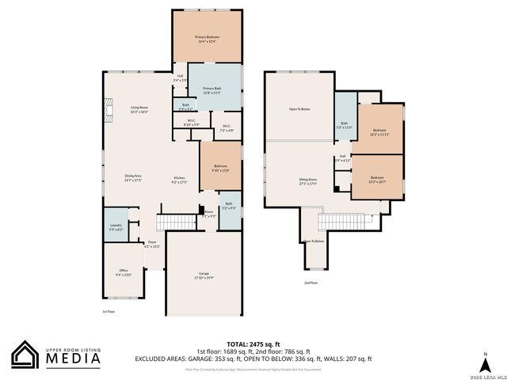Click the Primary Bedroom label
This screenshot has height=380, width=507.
coord(208,39)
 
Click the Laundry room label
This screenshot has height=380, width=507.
coord(116,227)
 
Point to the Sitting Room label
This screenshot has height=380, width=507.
coord(307,181)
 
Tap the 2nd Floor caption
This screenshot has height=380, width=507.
coord(311,282)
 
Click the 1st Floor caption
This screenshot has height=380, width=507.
coord(109,311)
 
